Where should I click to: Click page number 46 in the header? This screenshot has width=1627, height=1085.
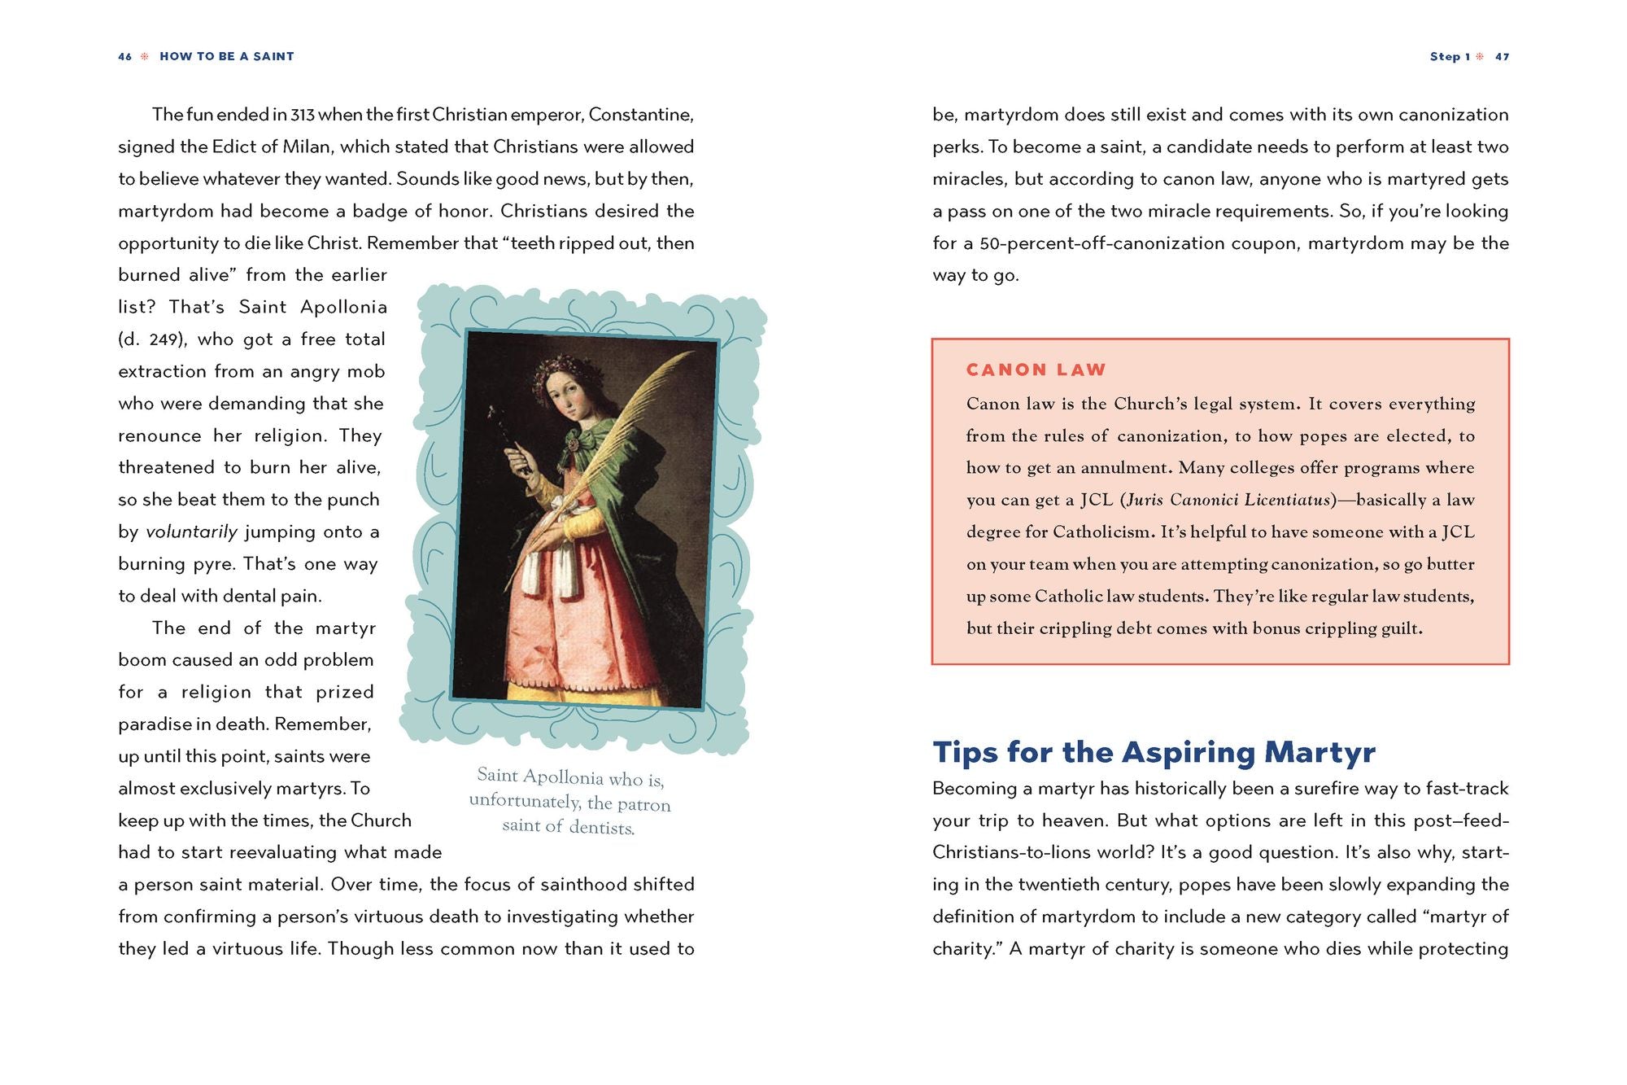coord(124,57)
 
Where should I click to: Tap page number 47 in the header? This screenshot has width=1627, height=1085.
coord(1502,57)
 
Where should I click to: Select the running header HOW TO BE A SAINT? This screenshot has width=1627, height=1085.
coord(227,57)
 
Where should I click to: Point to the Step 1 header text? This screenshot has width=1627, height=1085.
coord(1450,57)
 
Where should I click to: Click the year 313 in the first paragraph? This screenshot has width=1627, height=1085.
coord(303,115)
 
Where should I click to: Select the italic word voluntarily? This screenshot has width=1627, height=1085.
coord(191,532)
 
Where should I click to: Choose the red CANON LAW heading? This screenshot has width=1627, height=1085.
coord(1036,370)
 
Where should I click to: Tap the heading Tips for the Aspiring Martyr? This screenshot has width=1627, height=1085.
coord(1154,752)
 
